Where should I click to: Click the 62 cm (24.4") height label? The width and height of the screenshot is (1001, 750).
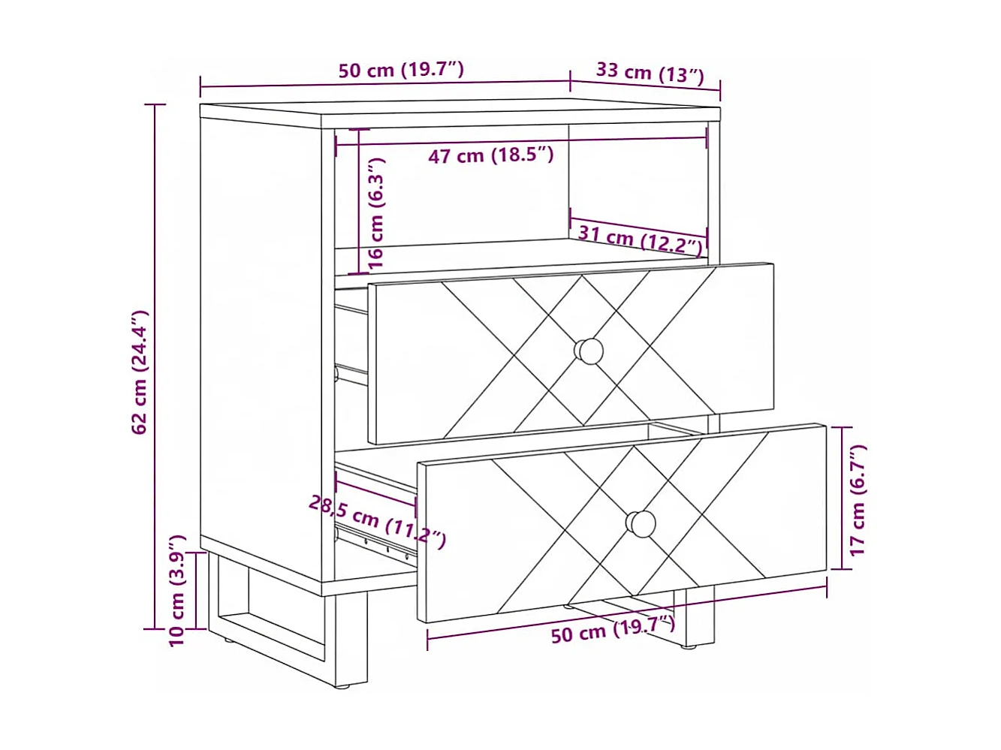(140, 372)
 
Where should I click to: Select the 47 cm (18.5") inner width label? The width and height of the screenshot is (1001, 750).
(490, 155)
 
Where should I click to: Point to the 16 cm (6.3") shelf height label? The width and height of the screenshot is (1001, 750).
(376, 213)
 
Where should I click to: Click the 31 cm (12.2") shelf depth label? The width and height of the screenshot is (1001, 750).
(640, 241)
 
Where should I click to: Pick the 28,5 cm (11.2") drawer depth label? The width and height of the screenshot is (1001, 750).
(377, 522)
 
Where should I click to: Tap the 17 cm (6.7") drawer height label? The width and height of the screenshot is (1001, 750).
(858, 500)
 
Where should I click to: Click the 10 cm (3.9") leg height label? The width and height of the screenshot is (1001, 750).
(177, 590)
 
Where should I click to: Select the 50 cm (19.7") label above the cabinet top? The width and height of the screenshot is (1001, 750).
(401, 70)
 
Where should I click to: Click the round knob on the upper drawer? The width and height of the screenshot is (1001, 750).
(589, 351)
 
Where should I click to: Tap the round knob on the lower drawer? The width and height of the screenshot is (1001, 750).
(641, 524)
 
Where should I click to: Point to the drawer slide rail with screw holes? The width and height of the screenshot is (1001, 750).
(376, 544)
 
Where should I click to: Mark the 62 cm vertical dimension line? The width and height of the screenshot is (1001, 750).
(155, 366)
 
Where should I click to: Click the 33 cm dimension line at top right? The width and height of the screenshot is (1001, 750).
(645, 87)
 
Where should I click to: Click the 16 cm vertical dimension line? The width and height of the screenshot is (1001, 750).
(358, 201)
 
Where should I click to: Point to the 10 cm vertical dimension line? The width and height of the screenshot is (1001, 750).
(196, 591)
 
